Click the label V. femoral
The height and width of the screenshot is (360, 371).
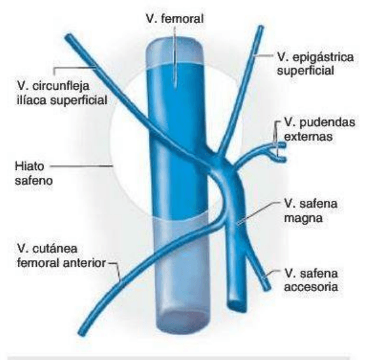[x=174, y=18]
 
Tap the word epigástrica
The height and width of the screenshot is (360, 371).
[x=323, y=57]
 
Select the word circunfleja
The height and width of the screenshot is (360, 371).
[x=61, y=87]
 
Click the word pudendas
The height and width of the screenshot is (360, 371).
[x=327, y=123]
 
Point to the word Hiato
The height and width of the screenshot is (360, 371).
[x=29, y=166]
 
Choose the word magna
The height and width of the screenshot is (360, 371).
[x=303, y=218]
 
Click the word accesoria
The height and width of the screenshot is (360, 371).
[x=311, y=287]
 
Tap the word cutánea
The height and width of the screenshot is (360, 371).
[x=55, y=249]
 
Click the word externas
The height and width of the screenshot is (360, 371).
[x=308, y=136]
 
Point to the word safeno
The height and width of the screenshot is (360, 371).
[x=34, y=180]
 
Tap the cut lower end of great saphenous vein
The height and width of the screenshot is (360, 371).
[x=237, y=305]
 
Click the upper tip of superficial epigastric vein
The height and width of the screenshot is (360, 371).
[x=261, y=27]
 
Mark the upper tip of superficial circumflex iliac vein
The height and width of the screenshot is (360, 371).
[x=69, y=36]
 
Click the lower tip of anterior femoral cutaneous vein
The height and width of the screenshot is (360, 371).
[x=81, y=333]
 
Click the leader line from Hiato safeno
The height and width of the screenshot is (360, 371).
[x=81, y=166]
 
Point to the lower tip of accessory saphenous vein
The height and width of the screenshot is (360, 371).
[x=267, y=287]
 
